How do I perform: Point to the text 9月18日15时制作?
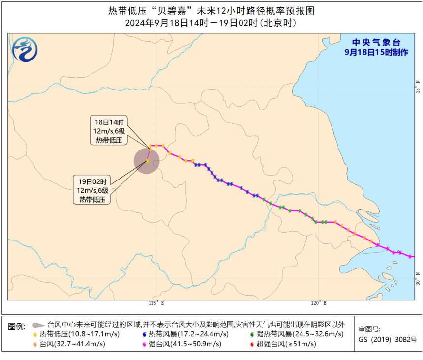(376, 52)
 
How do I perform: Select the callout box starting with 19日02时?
(92, 189)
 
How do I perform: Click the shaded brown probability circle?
(147, 161)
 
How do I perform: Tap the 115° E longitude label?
(156, 303)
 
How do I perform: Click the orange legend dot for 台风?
(35, 344)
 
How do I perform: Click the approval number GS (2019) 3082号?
(387, 339)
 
